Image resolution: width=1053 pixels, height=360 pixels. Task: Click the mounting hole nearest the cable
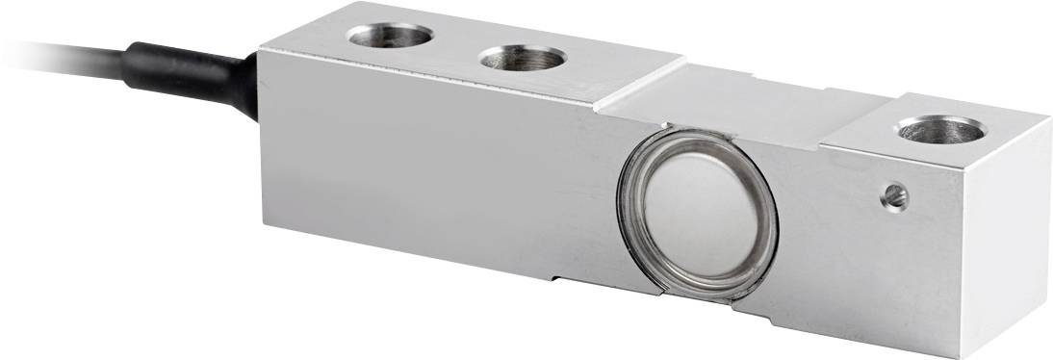pos(389,37)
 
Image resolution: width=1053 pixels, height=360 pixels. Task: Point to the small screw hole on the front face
pos(895,197)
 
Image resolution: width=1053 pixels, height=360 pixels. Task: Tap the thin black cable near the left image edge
pos(39,43)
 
